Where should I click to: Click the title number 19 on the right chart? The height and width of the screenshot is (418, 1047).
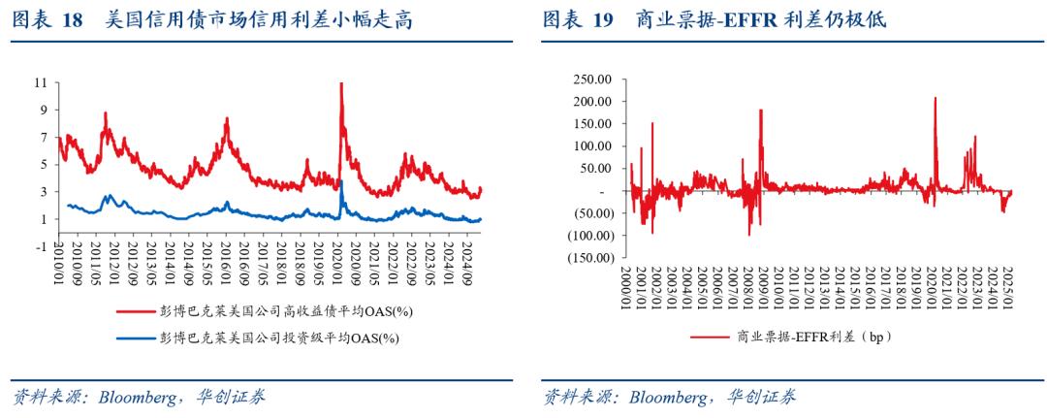(x=606, y=19)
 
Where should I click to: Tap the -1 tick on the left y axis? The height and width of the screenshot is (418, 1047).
(x=40, y=246)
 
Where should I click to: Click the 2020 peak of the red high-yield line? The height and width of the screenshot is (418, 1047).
(x=341, y=85)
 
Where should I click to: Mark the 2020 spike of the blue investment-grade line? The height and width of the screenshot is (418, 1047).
(x=342, y=182)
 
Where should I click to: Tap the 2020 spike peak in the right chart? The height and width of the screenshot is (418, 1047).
(x=936, y=98)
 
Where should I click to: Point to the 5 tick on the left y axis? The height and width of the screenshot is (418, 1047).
(x=43, y=165)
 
